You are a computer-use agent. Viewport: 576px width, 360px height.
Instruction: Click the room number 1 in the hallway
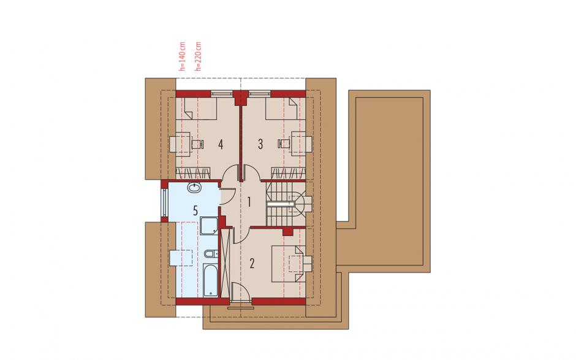pyautogui.click(x=249, y=202)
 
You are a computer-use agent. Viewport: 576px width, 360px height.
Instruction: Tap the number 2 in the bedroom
pyautogui.click(x=252, y=264)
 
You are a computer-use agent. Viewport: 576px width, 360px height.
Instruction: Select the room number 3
pyautogui.click(x=260, y=144)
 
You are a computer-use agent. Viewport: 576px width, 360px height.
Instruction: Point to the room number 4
pyautogui.click(x=221, y=145)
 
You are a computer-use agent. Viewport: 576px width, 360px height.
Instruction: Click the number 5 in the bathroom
pyautogui.click(x=195, y=211)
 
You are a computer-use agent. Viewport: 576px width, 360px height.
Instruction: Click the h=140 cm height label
pyautogui.click(x=182, y=56)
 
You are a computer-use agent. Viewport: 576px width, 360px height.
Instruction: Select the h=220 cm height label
pyautogui.click(x=199, y=56)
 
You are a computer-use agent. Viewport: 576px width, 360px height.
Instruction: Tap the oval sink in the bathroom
pyautogui.click(x=194, y=188)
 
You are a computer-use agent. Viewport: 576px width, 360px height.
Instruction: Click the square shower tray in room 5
pyautogui.click(x=209, y=226)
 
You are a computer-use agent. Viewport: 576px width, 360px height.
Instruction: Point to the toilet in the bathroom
pyautogui.click(x=211, y=253)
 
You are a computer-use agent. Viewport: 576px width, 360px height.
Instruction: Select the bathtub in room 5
pyautogui.click(x=211, y=281)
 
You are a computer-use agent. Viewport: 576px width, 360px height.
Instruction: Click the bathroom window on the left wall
pyautogui.click(x=164, y=202)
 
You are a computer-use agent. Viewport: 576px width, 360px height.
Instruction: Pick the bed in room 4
pyautogui.click(x=200, y=109)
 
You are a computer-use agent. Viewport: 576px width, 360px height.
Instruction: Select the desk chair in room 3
pyautogui.click(x=283, y=144)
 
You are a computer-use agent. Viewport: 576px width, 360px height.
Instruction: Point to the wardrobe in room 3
pyautogui.click(x=289, y=173)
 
